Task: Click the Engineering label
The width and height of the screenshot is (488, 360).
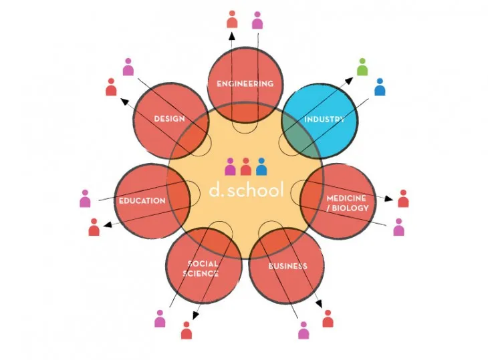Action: point(245,84)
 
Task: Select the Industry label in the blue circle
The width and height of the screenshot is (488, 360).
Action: point(324,120)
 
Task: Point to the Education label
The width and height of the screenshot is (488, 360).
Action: point(142,200)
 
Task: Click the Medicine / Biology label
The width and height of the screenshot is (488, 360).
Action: point(347,203)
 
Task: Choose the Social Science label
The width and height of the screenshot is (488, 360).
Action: point(203,268)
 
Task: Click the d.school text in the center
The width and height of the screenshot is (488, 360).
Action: point(246,190)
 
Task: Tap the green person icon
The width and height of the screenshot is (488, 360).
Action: point(362,67)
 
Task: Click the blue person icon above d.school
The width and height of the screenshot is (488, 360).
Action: point(261,166)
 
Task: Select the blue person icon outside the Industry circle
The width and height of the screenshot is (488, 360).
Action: point(380,87)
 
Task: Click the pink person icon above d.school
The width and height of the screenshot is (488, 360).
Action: point(231,166)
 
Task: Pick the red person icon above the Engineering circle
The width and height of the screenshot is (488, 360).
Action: point(232,19)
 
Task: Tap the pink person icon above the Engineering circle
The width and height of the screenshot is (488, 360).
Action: point(257,19)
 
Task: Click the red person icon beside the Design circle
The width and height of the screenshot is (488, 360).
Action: point(112,87)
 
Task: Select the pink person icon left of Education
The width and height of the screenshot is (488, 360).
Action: point(85,199)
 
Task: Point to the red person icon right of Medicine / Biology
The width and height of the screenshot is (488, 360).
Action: point(403,198)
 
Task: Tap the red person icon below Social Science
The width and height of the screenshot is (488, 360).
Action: point(187,331)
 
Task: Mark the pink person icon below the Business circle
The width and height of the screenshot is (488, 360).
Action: point(303,330)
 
